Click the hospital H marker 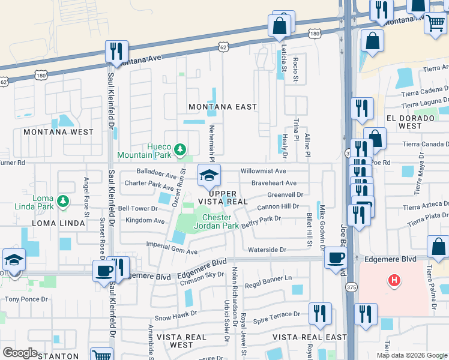(394, 280)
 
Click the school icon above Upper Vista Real (209, 175)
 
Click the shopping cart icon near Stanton (101, 355)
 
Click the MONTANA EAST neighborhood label (223, 107)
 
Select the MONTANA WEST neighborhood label (58, 131)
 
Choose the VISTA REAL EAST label (309, 338)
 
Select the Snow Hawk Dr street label (176, 314)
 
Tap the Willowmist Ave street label (263, 171)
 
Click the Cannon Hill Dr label (279, 206)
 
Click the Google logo (20, 353)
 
